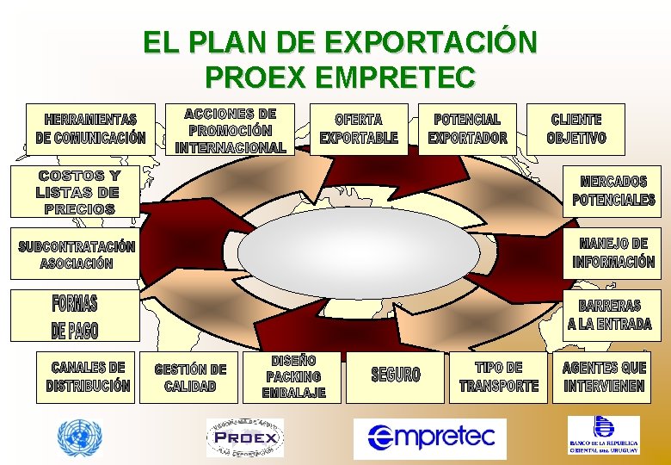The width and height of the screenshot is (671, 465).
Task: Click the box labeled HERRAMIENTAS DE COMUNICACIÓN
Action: pyautogui.click(x=90, y=129)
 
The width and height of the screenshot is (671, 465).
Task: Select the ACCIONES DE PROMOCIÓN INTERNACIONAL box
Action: pyautogui.click(x=231, y=130)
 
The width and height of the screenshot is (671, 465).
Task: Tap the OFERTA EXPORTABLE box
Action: pyautogui.click(x=359, y=129)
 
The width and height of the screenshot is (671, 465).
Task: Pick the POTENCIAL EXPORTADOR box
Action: pyautogui.click(x=467, y=129)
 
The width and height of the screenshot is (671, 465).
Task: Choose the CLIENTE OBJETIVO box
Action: pyautogui.click(x=576, y=129)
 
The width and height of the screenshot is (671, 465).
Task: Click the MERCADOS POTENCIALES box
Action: pyautogui.click(x=613, y=190)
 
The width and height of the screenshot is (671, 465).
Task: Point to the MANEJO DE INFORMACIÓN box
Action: pyautogui.click(x=613, y=253)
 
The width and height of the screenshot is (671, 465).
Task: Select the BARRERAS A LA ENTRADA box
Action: pyautogui.click(x=609, y=315)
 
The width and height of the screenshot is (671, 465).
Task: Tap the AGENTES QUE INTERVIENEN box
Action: pyautogui.click(x=604, y=377)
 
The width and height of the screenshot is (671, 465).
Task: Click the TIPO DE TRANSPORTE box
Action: pyautogui.click(x=499, y=377)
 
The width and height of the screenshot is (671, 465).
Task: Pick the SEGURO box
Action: pyautogui.click(x=396, y=375)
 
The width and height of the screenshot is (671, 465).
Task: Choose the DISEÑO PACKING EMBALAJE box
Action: pyautogui.click(x=293, y=377)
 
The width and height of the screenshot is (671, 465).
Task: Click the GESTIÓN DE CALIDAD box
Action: pyautogui.click(x=190, y=378)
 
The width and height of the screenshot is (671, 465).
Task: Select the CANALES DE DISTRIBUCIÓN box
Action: pyautogui.click(x=89, y=377)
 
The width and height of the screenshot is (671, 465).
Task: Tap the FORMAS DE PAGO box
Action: pyautogui.click(x=75, y=317)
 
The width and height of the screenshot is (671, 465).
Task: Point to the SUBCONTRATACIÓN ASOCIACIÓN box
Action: pyautogui.click(x=77, y=254)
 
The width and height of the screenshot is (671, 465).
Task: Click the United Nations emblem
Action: pyautogui.click(x=79, y=437)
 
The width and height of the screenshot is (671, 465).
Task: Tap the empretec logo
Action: pyautogui.click(x=430, y=437)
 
